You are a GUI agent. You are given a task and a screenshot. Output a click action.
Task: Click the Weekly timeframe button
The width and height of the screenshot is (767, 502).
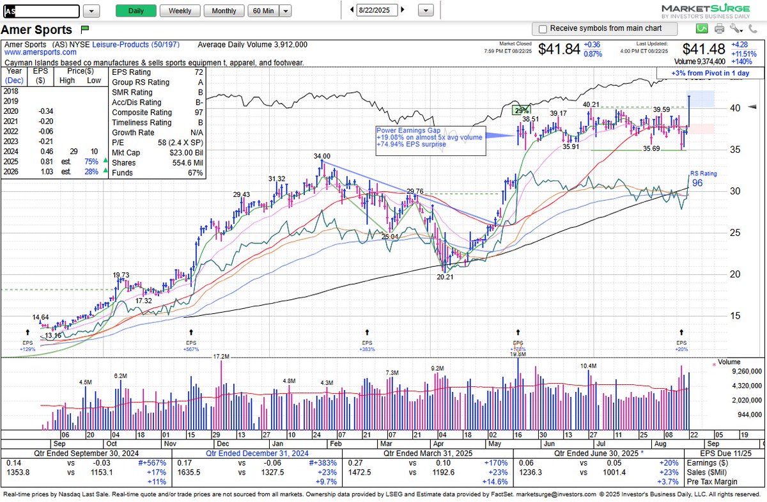point(180,11)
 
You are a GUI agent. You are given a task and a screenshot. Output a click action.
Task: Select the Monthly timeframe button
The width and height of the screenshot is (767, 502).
point(224,11)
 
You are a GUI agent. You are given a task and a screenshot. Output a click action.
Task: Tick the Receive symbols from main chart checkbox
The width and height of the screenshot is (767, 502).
point(543,29)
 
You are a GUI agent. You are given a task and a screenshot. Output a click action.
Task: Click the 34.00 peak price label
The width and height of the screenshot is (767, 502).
point(322,156)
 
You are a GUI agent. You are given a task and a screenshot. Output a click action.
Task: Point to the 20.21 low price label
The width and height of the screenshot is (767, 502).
point(445,278)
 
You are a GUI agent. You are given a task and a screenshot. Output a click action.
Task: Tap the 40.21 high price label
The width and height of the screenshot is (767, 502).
point(591,104)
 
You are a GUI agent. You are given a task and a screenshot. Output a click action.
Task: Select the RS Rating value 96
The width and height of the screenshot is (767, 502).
point(697,183)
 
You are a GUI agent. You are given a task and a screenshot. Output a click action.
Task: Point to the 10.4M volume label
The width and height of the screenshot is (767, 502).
point(588,366)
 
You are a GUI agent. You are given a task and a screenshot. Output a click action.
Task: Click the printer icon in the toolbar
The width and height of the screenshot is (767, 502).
point(719,29)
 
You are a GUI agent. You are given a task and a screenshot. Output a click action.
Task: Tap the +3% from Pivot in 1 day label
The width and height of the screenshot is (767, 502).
point(709,73)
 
